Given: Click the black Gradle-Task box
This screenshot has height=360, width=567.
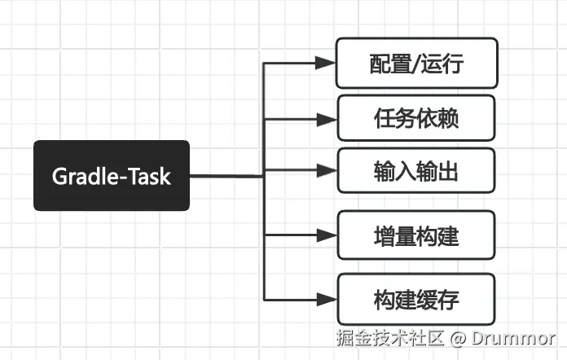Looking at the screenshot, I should tap(112, 175).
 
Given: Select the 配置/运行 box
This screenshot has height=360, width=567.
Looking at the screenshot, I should tap(416, 64).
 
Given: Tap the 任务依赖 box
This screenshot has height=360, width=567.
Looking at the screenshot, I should tap(416, 118).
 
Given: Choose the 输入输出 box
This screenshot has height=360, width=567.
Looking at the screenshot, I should tap(416, 172).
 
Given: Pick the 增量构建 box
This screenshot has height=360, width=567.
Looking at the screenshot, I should tap(416, 236).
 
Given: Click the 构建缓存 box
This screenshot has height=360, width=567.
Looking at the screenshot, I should tap(416, 299).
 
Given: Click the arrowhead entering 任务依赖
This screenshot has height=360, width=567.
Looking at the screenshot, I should tap(326, 119).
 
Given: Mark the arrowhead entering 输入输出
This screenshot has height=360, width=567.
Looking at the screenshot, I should tap(326, 171).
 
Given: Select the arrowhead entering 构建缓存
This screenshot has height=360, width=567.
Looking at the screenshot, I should tap(326, 299).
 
